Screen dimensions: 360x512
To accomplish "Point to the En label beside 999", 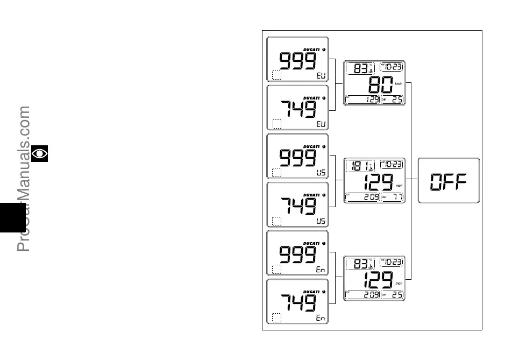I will [x=321, y=270].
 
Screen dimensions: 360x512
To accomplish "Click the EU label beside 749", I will [x=321, y=124].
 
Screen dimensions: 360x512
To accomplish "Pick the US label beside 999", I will [x=321, y=173].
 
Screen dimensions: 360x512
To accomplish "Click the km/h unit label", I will [x=399, y=84].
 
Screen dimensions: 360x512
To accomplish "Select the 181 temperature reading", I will [x=357, y=167].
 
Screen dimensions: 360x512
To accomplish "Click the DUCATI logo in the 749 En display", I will [x=311, y=292].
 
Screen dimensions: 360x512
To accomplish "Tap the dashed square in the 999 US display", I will [x=276, y=173].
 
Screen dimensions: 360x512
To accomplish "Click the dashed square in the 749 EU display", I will [x=276, y=124].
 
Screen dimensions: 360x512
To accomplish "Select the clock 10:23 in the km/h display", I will [x=392, y=67].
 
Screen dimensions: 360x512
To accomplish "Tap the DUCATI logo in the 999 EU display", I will [x=311, y=49].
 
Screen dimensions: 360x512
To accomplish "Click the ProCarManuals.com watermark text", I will [x=24, y=178].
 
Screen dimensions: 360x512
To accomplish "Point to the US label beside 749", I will [x=321, y=221].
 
